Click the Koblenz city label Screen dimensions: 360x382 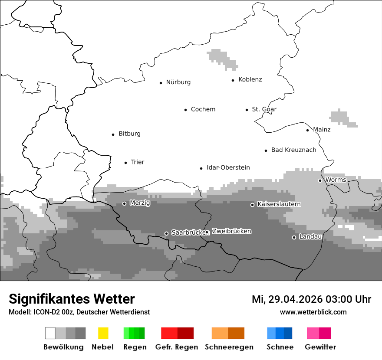coord(250,79)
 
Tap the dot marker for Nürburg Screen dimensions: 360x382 coord(161,82)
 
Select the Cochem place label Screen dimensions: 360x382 coord(203,109)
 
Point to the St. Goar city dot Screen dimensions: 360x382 coord(247,110)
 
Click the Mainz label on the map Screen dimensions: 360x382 coord(322,130)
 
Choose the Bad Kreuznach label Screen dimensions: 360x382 coord(293,150)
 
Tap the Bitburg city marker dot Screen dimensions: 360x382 coord(113,134)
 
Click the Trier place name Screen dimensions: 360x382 coord(137,162)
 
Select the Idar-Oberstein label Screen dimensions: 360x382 coord(228,168)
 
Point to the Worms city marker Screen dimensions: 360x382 coord(320,180)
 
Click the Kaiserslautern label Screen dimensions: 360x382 coord(279,204)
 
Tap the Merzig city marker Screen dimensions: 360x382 coord(124,203)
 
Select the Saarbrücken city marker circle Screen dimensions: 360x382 coord(166,233)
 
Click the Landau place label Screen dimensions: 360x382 coord(310,237)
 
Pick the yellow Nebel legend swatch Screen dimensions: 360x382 coord(103,333)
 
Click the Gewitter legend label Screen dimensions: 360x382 coord(320,347)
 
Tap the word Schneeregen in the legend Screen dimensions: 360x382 coord(229,347)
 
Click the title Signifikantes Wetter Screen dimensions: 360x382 coord(72,299)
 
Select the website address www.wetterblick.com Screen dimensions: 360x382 coord(313,312)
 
